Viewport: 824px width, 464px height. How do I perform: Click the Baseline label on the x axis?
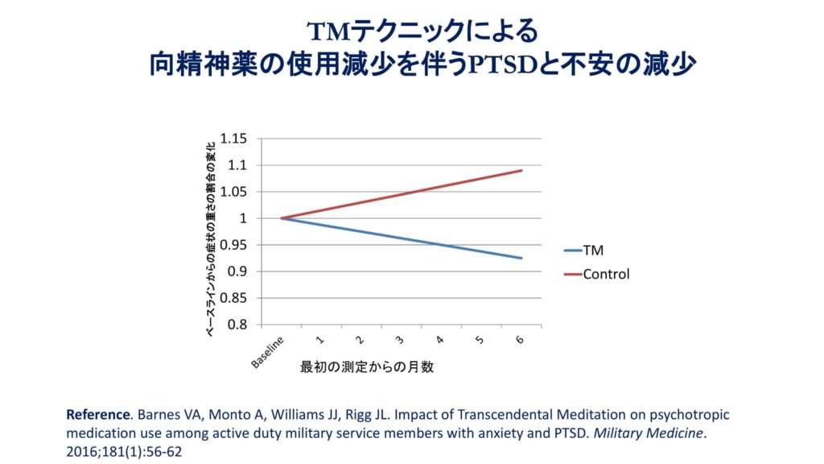point(268,351)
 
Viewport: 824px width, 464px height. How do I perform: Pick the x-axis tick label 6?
point(519,340)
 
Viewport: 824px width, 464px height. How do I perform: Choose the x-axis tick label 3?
point(399,340)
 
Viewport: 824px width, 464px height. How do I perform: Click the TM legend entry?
point(593,251)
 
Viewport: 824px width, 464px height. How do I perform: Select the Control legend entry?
point(606,274)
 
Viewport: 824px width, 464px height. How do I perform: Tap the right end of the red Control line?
point(522,170)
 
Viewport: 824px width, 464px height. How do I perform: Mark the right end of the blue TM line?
point(522,259)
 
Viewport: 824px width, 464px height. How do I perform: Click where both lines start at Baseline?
point(281,218)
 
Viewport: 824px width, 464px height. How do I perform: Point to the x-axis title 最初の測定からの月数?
point(367,367)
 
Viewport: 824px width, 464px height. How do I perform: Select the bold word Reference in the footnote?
point(97,415)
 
